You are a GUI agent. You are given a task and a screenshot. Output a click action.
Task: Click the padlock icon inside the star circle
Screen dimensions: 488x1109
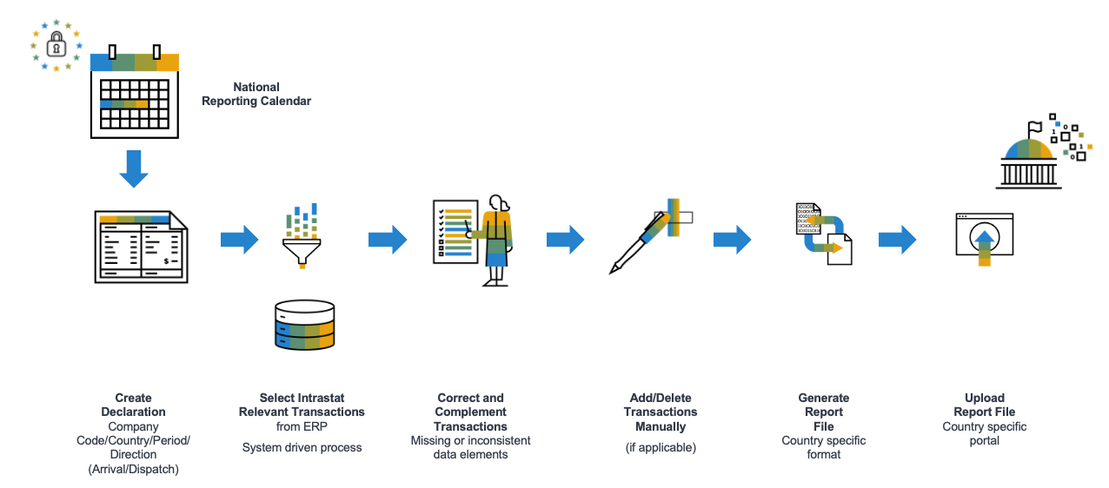pos(56,44)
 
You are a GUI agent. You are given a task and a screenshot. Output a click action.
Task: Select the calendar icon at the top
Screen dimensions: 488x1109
pos(135,94)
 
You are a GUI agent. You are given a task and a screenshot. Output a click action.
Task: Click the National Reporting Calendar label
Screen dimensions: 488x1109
pos(256,94)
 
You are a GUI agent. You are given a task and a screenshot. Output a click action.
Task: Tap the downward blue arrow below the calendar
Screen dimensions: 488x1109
pos(134,168)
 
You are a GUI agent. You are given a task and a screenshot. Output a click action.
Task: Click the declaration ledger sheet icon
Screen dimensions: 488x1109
pos(141,247)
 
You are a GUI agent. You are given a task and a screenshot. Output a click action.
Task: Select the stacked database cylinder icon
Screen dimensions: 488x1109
pos(303,325)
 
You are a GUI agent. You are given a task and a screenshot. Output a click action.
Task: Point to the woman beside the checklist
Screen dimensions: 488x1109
pos(496,240)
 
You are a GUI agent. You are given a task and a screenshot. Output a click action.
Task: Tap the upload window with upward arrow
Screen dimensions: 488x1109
pos(984,237)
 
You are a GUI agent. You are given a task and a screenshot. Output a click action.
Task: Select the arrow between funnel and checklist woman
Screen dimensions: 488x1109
pos(388,240)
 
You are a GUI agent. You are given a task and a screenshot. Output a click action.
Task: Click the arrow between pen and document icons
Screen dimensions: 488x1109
pos(732,240)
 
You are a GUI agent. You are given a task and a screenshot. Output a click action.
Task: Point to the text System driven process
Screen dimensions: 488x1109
pos(302,447)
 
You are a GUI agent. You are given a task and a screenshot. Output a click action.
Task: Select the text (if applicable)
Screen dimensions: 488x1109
pos(661,447)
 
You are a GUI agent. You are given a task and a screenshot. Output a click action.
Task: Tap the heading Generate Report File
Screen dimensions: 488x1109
pos(823,412)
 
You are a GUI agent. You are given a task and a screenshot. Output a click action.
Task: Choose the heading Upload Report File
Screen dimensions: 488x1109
pos(984,405)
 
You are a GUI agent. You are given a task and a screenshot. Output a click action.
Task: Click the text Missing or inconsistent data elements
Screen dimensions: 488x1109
pos(470,447)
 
